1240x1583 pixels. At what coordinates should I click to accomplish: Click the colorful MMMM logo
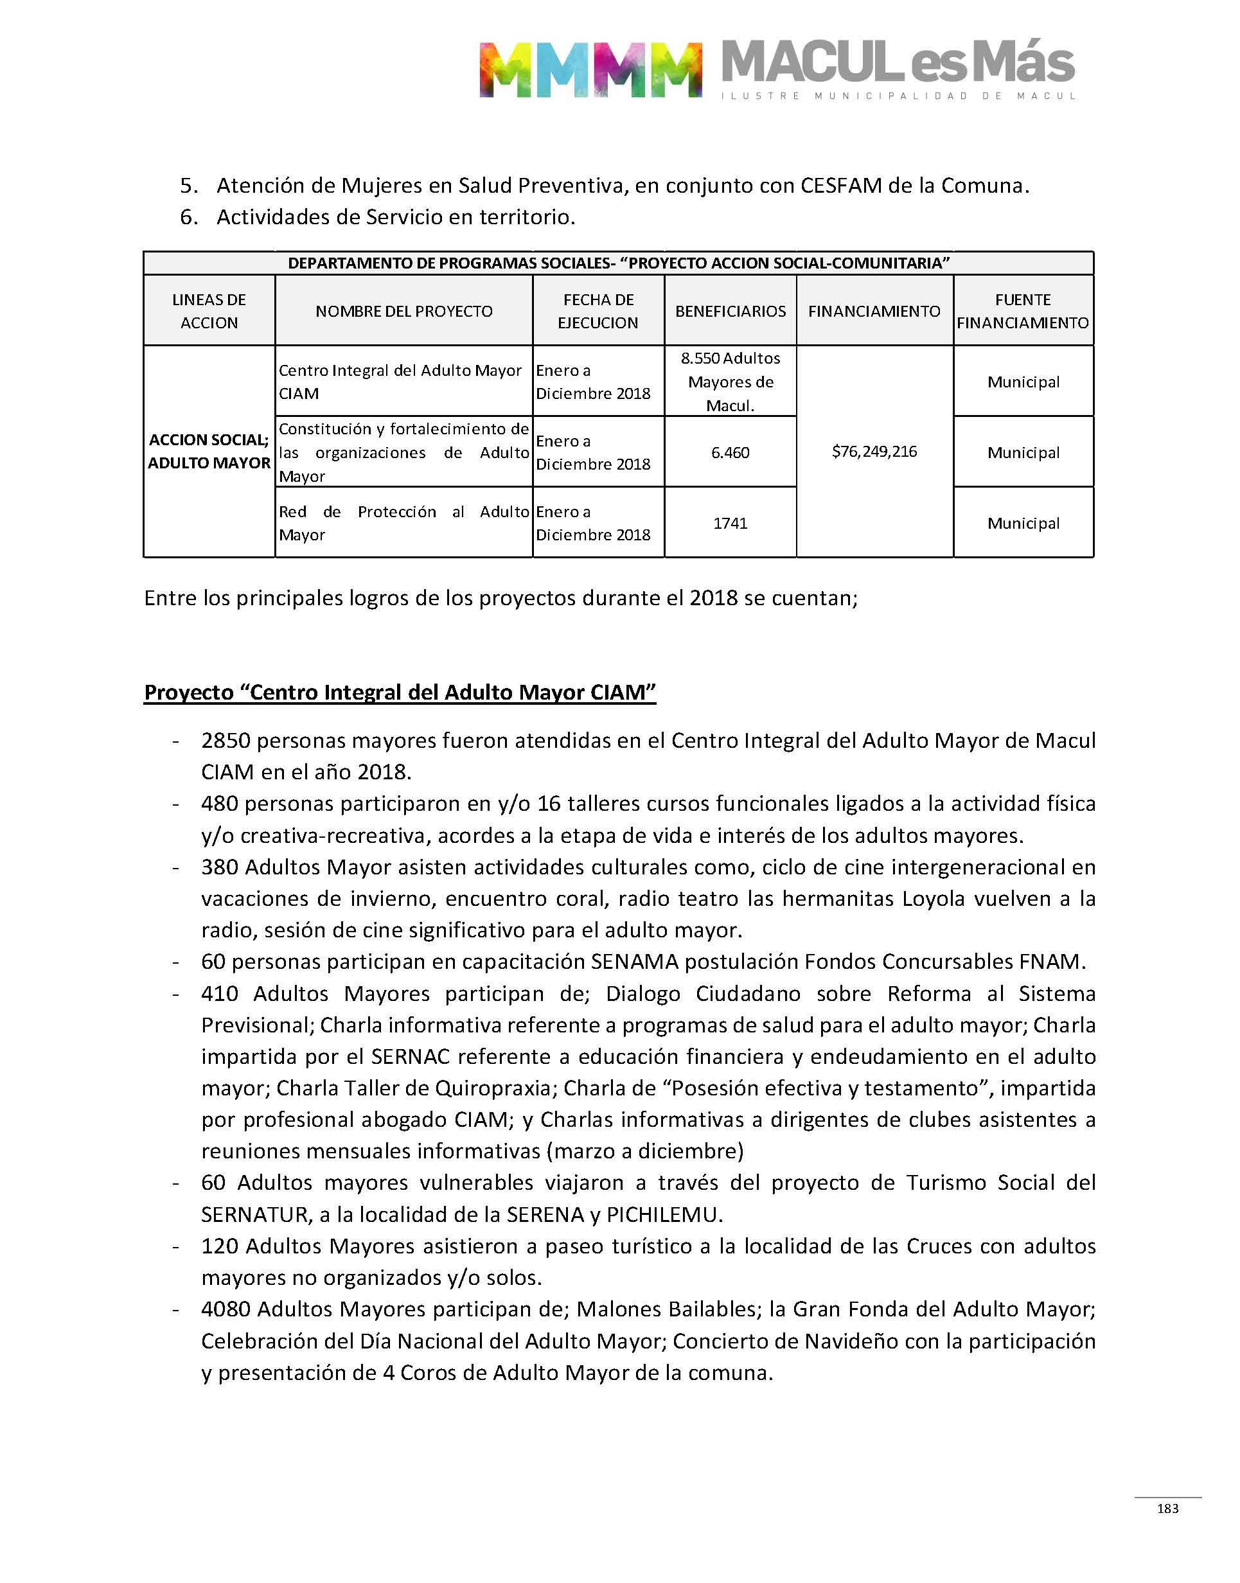point(590,69)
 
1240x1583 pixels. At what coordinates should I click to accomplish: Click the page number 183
point(1167,1508)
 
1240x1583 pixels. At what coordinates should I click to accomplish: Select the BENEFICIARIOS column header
point(731,312)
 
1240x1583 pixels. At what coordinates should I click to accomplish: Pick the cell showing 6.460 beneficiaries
point(731,453)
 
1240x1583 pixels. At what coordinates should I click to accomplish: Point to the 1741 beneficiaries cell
point(731,524)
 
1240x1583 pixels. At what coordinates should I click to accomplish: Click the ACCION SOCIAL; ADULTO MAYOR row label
point(209,452)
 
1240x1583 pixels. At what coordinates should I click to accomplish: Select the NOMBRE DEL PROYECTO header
point(403,312)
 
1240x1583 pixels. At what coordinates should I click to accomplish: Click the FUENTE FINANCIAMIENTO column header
point(1023,312)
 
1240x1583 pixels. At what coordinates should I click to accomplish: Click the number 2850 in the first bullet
point(226,741)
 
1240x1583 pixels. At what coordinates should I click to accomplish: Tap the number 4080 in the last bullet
point(226,1309)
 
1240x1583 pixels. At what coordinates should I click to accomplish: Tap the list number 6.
point(188,217)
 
